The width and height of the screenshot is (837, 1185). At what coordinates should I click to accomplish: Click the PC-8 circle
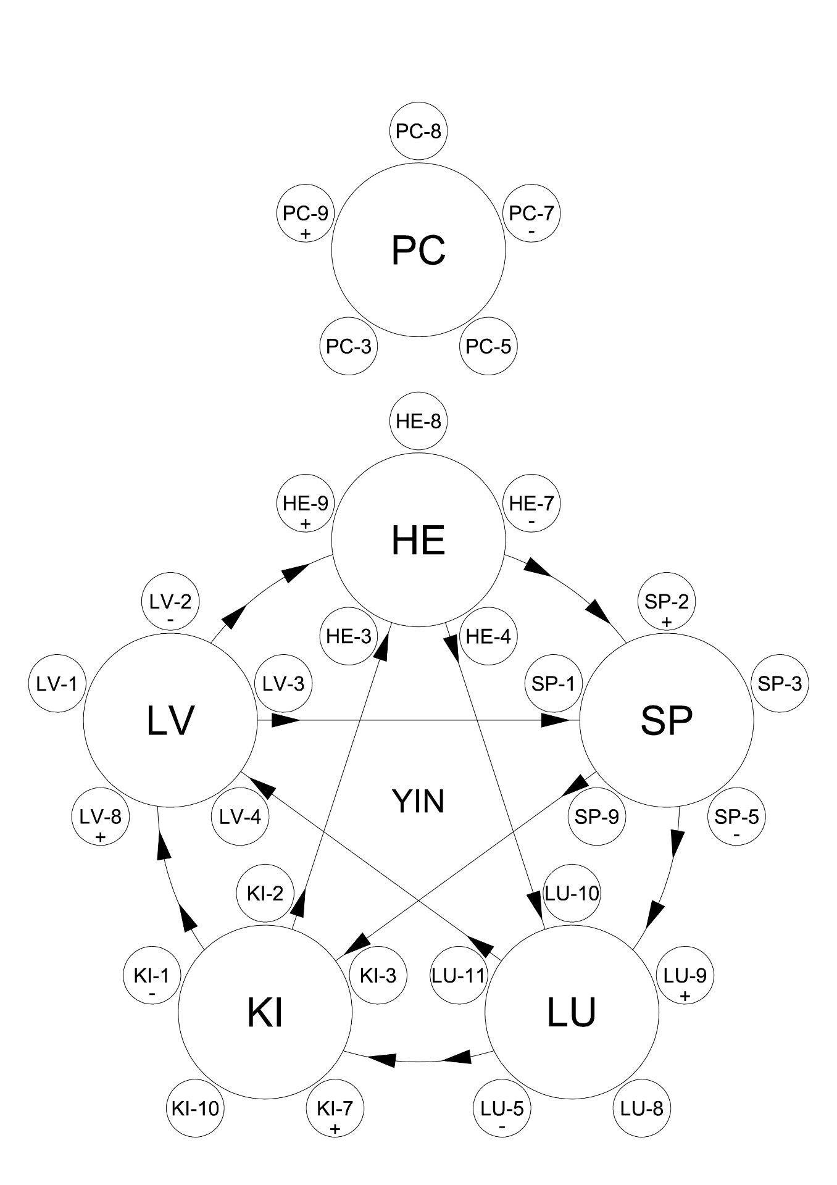[x=418, y=131]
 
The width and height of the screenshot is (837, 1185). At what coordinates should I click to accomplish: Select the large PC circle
[x=418, y=251]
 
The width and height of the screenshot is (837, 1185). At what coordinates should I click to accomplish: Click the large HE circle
[x=418, y=541]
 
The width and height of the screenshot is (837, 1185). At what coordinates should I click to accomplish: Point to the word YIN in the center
[x=418, y=802]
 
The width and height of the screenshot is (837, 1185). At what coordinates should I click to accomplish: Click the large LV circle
[x=170, y=720]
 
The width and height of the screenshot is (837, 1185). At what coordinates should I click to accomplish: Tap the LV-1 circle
[x=57, y=684]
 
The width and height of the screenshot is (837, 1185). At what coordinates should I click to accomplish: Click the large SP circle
[x=667, y=720]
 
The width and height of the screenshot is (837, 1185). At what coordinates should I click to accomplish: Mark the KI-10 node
[x=193, y=1108]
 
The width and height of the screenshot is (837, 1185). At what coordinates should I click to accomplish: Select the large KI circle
[x=265, y=1012]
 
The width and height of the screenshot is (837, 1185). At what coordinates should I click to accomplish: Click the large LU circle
[x=572, y=1012]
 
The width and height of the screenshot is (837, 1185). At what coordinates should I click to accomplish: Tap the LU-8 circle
[x=642, y=1108]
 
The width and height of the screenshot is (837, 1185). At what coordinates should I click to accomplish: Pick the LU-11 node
[x=459, y=976]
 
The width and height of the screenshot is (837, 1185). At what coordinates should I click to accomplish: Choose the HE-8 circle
[x=418, y=422]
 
